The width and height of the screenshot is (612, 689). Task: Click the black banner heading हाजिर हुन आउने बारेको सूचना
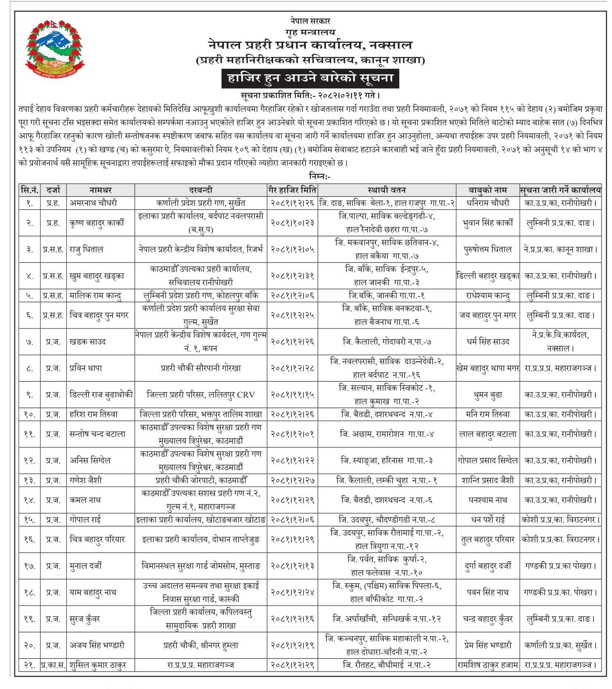310,78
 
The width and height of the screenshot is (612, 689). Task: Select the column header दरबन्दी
200,190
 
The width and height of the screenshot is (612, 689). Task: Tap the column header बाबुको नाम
487,190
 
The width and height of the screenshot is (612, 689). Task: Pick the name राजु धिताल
86,249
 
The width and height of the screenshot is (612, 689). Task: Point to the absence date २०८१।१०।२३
292,223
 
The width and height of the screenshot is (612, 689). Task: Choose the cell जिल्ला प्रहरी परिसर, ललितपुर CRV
200,394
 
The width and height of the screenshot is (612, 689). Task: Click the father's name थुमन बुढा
487,394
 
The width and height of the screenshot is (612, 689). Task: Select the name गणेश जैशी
86,480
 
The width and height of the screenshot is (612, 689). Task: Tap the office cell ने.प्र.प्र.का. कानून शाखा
560,249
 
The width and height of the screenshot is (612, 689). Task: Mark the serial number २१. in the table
29,665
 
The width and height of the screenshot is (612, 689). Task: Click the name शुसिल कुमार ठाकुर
98,665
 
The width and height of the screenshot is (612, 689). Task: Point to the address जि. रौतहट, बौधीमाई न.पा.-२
386,665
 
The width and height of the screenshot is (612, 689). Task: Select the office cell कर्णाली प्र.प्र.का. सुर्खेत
560,645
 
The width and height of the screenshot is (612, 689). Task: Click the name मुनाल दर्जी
86,566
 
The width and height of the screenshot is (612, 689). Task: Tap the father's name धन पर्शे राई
487,519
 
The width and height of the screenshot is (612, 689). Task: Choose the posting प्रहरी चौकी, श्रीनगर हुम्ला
200,645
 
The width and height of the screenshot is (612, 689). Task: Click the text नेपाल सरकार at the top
310,21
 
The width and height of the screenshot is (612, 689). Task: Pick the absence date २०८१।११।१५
292,394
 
